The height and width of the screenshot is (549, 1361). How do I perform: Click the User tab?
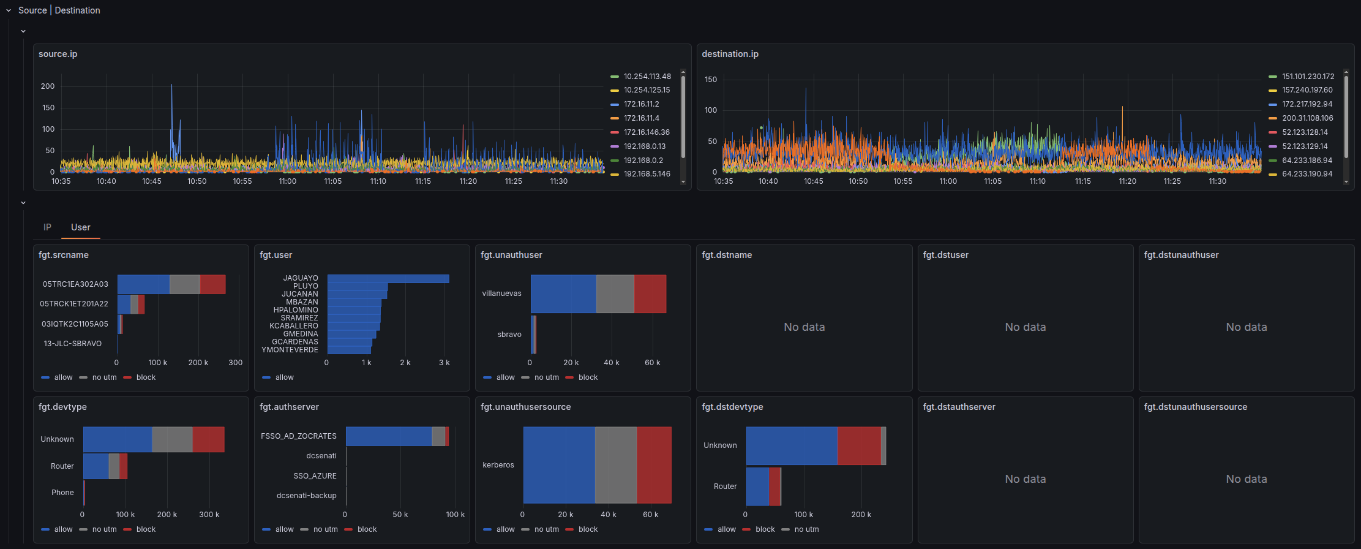coord(80,227)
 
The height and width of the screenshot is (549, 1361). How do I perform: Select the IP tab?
coord(47,227)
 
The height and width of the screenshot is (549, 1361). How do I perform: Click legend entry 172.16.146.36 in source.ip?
coord(647,132)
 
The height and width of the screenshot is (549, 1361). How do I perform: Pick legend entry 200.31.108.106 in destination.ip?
coord(1307,118)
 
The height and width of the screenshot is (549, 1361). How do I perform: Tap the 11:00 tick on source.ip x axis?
coord(288,181)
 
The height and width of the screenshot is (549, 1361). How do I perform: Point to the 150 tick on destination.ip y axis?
coord(710,80)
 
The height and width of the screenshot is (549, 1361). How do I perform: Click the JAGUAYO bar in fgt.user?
coord(388,279)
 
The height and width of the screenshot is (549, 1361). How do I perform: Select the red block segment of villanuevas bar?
coord(650,294)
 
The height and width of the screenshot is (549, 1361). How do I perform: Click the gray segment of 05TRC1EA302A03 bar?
coord(185,284)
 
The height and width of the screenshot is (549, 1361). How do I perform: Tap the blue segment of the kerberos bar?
coord(559,465)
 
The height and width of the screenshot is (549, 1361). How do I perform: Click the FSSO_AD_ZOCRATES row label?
coord(299,436)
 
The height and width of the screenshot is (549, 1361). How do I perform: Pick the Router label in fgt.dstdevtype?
coord(725,487)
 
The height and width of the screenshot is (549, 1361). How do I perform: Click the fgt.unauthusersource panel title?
coord(525,407)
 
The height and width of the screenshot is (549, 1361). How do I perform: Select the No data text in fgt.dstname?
coord(804,327)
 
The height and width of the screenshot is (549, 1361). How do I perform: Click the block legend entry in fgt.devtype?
coord(146,529)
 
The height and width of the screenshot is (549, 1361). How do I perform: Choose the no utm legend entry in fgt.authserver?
coord(325,529)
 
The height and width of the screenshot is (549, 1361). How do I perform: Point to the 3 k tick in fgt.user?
coord(444,363)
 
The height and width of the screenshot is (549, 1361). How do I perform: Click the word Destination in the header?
coord(77,10)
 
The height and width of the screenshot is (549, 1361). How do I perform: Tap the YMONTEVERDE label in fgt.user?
coord(290,350)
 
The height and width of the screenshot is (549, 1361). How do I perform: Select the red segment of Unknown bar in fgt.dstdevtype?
coord(858,446)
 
